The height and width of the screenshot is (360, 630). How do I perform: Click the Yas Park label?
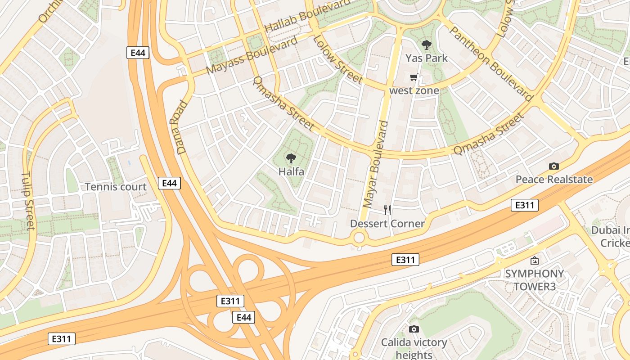coord(426,58)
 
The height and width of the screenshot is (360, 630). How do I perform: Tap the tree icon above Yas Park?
coord(426,45)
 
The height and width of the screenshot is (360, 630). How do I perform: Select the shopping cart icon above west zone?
coord(414,77)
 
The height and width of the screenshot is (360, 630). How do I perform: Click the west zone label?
coord(414,90)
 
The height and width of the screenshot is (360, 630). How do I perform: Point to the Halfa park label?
coord(291,171)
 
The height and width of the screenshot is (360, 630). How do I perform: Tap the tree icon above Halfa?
coord(291,158)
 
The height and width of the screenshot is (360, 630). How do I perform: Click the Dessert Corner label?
coord(387,224)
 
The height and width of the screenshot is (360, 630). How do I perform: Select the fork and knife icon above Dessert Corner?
coord(387,210)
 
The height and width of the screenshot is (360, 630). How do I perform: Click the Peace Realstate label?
coord(553,180)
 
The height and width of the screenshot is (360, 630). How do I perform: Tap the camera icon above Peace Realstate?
coord(554,166)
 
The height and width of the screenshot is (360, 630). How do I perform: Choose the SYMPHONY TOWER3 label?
coord(534,280)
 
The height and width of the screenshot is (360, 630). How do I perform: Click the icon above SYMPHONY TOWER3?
coord(534,261)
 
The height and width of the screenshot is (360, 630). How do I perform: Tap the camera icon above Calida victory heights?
coord(414,329)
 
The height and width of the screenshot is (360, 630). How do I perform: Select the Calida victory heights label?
coord(414,349)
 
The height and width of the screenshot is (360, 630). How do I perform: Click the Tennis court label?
coord(116,187)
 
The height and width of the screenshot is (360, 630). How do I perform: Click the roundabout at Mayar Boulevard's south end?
coord(359,237)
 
